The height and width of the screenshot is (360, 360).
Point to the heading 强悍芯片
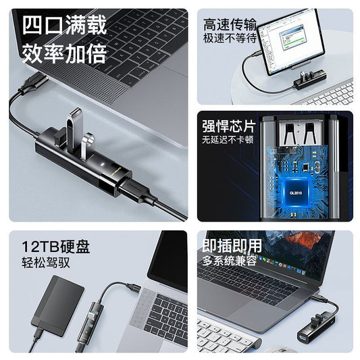pos(229,126)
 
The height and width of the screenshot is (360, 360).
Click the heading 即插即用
pos(232,246)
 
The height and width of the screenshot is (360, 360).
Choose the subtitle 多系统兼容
pos(229,261)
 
